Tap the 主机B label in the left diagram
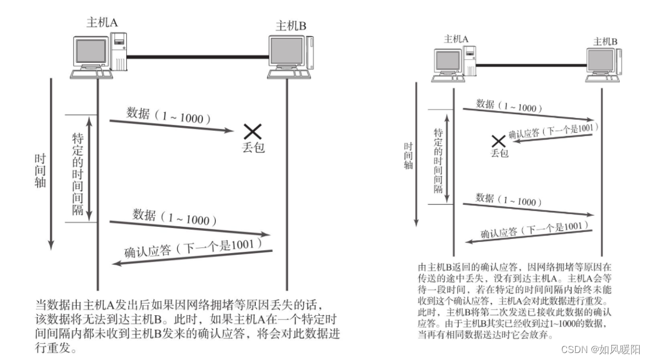click(291, 26)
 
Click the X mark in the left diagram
click(252, 132)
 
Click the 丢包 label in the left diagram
click(253, 148)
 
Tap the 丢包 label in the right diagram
click(499, 153)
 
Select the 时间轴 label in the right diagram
click(409, 155)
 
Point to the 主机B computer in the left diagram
click(289, 57)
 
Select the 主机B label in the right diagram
click(605, 41)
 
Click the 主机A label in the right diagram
click(457, 39)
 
